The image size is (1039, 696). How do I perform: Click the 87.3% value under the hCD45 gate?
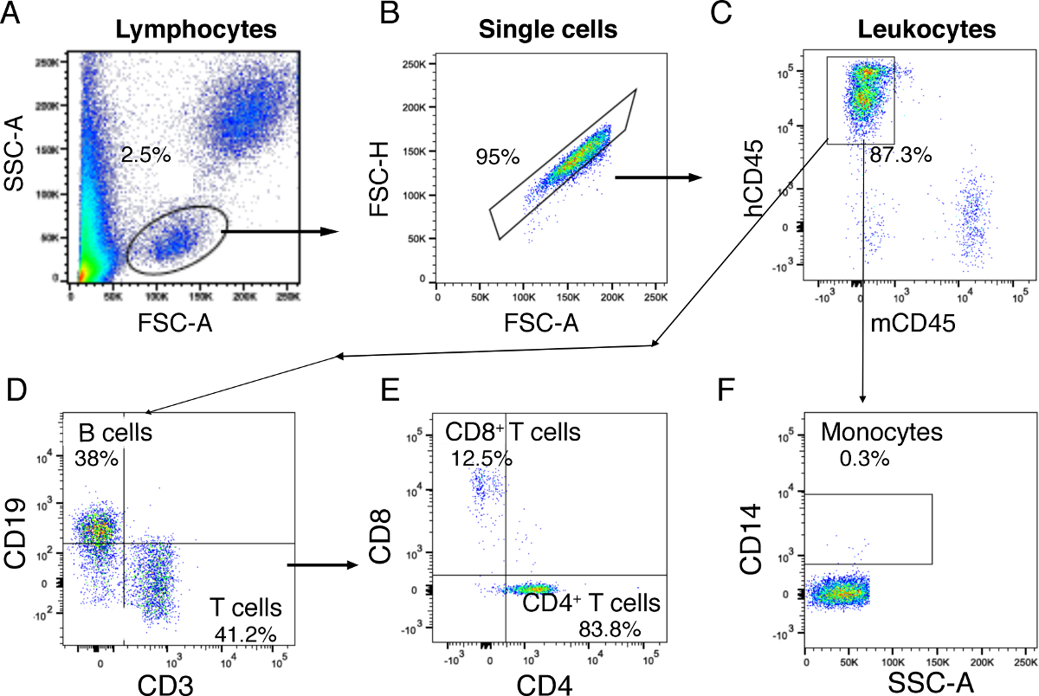(x=900, y=156)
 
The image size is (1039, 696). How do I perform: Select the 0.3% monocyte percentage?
(x=864, y=459)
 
